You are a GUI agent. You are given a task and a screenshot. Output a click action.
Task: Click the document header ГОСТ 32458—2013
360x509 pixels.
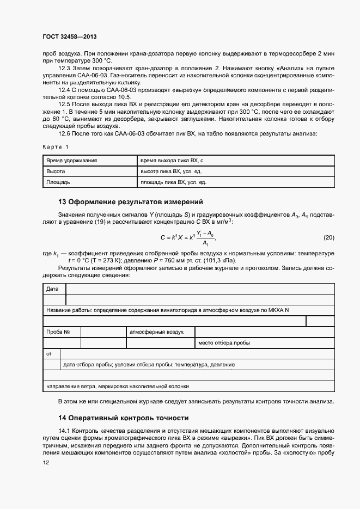(x=70, y=37)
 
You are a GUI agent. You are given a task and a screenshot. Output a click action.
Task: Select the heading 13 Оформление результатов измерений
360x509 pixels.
(x=130, y=201)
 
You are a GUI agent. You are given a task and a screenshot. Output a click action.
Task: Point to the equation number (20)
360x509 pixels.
(x=329, y=237)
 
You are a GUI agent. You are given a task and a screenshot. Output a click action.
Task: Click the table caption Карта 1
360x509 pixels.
(x=56, y=147)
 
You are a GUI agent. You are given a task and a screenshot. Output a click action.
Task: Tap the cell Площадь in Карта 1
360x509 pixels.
(x=58, y=182)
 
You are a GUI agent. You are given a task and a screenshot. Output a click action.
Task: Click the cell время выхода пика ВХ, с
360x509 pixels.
(x=172, y=161)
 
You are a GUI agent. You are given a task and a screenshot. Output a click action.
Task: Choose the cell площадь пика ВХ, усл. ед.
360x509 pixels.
(x=173, y=182)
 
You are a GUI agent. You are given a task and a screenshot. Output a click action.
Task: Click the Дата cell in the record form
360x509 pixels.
(x=52, y=289)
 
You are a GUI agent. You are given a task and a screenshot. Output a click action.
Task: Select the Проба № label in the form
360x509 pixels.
(x=58, y=332)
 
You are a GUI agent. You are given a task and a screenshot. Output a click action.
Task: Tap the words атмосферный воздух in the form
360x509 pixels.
(x=156, y=332)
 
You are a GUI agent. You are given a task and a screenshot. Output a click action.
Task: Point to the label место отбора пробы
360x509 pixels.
(x=224, y=343)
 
